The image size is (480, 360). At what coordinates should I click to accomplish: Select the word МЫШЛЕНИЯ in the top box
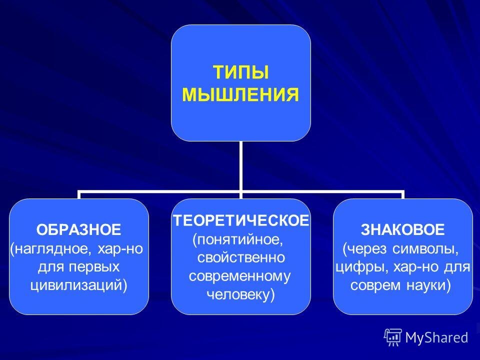(240, 94)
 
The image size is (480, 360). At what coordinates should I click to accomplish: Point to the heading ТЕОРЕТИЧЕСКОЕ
(241, 220)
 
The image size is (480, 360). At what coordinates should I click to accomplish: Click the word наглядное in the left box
(48, 248)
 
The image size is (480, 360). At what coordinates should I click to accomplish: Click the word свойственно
(240, 257)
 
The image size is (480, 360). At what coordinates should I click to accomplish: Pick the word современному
(240, 276)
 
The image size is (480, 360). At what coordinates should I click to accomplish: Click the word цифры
(353, 266)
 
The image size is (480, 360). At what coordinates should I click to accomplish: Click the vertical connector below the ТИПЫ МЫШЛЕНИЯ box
(240, 165)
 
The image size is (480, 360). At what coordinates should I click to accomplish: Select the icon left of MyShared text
(393, 337)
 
